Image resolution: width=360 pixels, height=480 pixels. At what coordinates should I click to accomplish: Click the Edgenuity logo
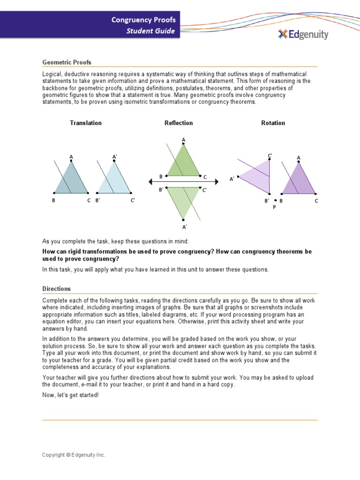point(303,34)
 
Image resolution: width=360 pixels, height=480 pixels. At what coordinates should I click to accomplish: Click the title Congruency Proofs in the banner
point(143,20)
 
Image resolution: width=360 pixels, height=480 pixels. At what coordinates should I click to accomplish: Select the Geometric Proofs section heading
point(67,62)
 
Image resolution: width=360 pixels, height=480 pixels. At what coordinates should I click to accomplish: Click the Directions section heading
point(57,289)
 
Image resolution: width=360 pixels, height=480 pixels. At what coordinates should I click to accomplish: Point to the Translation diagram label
point(86,123)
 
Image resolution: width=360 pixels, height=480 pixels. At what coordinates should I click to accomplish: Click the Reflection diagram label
point(179,123)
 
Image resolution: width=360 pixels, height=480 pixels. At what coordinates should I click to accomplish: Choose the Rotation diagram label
point(273,123)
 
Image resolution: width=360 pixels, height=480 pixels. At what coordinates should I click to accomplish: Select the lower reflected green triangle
point(183,199)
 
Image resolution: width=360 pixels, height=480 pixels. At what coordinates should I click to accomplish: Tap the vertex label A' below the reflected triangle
point(184,227)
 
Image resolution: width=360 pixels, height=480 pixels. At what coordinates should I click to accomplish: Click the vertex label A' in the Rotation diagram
point(232,179)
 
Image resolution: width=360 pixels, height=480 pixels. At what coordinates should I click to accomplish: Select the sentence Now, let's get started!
point(70,395)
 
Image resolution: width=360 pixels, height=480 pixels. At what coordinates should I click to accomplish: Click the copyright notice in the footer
point(74,455)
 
